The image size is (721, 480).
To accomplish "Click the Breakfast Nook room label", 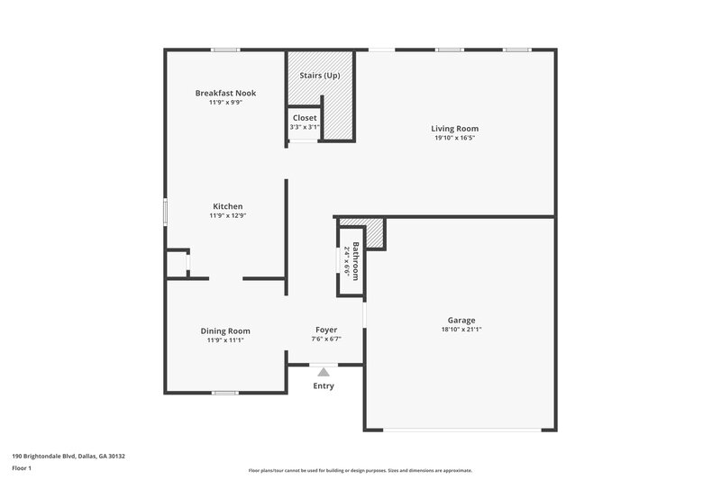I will point(225,93).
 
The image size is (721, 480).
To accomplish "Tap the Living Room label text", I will point(453,129).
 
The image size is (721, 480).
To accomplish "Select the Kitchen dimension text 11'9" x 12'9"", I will point(226,215).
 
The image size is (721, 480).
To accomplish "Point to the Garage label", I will point(461,320).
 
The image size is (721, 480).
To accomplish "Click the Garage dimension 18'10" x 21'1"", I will point(461,330).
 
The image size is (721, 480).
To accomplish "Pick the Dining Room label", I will point(225,331).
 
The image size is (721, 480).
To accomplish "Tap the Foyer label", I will point(326,330).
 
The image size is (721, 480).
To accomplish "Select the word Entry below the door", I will point(324,386).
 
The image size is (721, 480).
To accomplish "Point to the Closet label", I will point(305,118).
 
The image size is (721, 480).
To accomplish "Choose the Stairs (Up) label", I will point(320,75).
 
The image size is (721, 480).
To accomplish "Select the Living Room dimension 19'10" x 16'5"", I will point(453,138).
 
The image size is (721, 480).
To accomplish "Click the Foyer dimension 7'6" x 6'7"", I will point(326,340).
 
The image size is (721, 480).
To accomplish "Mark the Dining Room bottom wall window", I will point(225,393).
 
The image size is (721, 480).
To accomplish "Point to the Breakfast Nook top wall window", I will point(225,50).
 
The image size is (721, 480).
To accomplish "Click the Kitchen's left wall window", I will point(165,209).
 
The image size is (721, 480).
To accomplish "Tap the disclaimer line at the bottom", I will point(360,470).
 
